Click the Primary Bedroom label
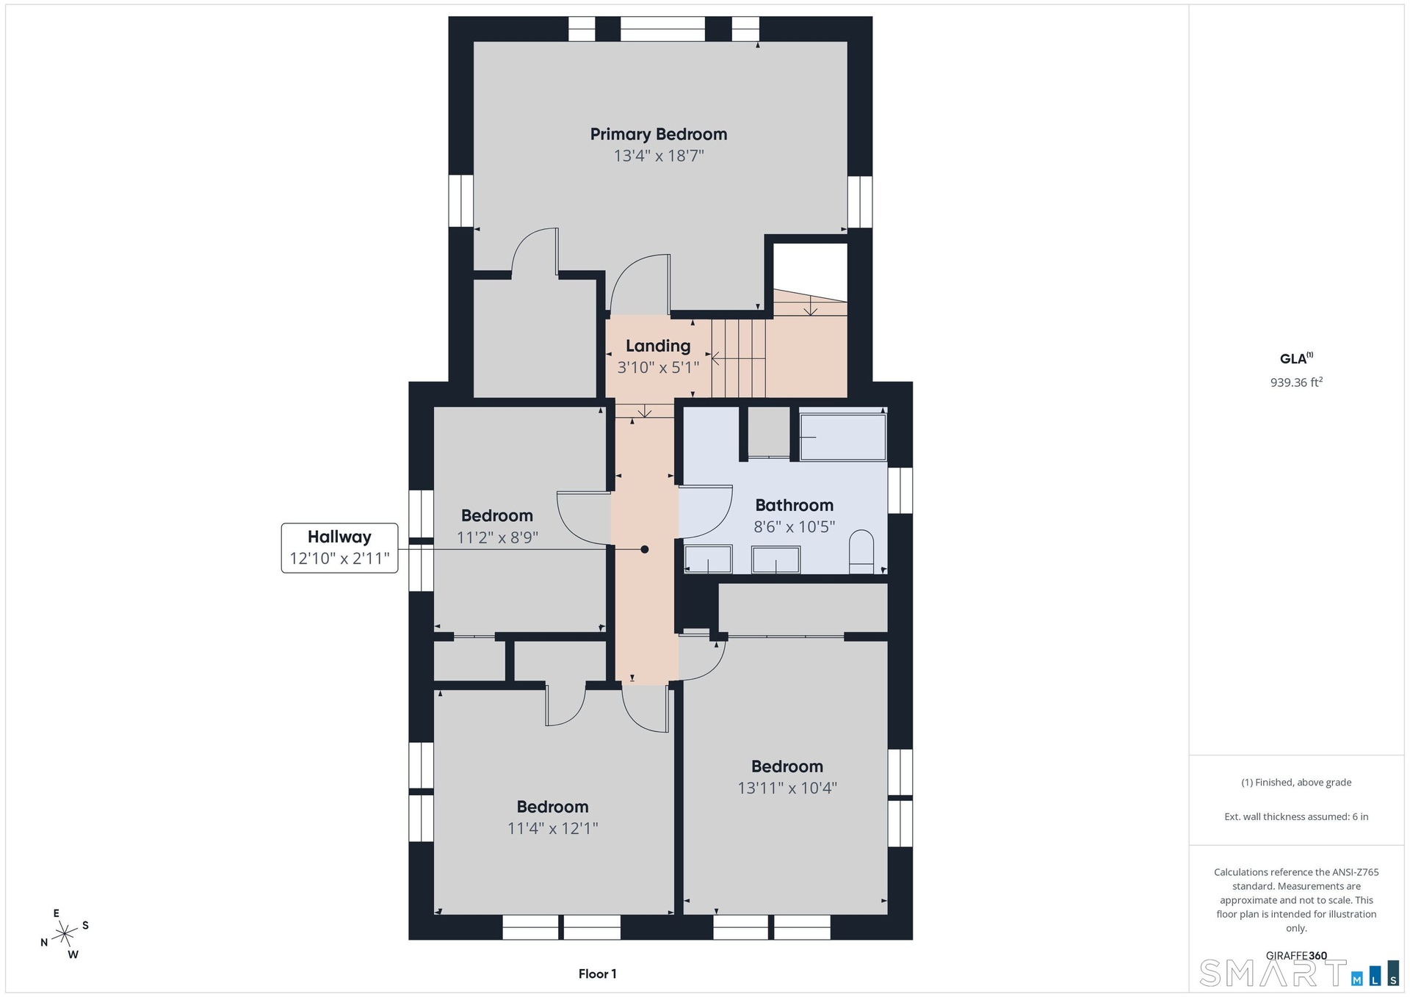tap(659, 134)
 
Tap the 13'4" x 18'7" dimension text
tap(659, 156)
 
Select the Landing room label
tap(658, 346)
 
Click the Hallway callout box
tap(339, 548)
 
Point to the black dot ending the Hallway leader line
tap(645, 549)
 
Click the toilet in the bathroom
tap(861, 552)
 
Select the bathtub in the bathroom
tap(843, 438)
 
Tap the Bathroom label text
tap(795, 505)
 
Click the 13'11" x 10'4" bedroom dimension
tap(787, 788)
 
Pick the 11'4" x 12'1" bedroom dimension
tap(553, 828)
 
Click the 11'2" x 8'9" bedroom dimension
tap(497, 537)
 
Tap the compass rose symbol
tap(65, 934)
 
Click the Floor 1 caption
tap(597, 974)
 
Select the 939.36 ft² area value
tap(1296, 382)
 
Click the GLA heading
tap(1296, 358)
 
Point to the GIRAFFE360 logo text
tap(1296, 956)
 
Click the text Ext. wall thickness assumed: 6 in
tap(1296, 816)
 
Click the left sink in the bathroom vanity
tap(708, 559)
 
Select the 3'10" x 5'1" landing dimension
tap(658, 367)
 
